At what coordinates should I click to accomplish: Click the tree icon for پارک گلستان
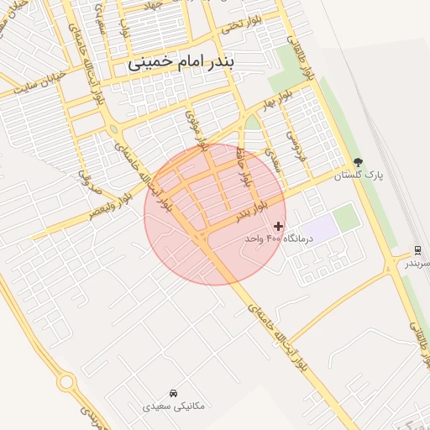point(359,162)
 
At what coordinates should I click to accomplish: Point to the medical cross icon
point(279,226)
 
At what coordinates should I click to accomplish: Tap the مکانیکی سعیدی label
point(173,406)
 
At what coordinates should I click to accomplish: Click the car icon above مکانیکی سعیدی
point(173,393)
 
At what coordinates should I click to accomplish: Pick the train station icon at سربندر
point(417,250)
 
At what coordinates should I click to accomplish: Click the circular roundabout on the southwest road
point(66,382)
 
